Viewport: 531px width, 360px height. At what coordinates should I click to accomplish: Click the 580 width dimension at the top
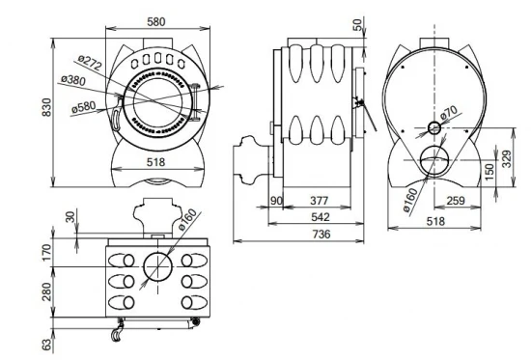coord(156,21)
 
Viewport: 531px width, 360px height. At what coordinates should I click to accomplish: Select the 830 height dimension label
coord(46,107)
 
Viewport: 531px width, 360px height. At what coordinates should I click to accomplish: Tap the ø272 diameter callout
coord(90,63)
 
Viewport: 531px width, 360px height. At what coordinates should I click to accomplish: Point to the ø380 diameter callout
coord(73,80)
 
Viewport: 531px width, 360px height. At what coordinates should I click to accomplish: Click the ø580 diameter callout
coord(84,107)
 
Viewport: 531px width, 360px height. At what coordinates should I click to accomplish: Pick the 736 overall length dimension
coord(321,234)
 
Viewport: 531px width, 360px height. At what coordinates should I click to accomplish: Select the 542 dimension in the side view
coord(320,217)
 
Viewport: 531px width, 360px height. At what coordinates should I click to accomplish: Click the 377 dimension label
coord(320,201)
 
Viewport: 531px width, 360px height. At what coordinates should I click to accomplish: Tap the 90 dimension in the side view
coord(276,201)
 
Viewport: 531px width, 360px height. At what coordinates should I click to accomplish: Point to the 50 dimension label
coord(357,25)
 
